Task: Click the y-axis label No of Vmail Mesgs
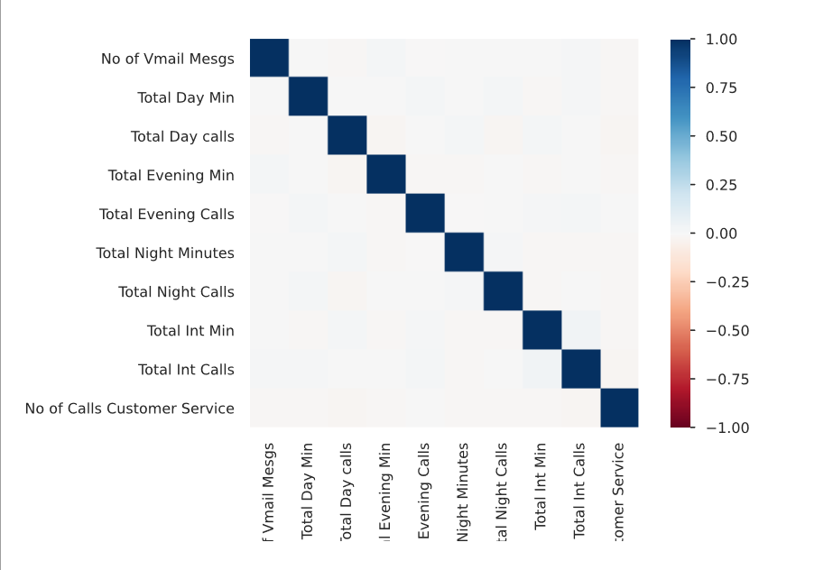168,60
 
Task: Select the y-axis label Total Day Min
186,98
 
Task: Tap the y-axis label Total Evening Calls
167,215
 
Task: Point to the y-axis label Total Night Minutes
165,253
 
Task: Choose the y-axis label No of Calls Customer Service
130,409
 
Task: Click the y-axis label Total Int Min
190,331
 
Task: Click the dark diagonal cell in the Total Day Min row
308,97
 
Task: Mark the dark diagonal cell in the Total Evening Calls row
425,214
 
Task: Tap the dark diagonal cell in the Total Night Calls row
503,291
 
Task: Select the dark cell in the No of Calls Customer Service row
620,408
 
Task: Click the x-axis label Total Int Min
541,486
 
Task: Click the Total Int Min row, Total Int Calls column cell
580,330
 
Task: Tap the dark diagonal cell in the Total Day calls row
347,136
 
